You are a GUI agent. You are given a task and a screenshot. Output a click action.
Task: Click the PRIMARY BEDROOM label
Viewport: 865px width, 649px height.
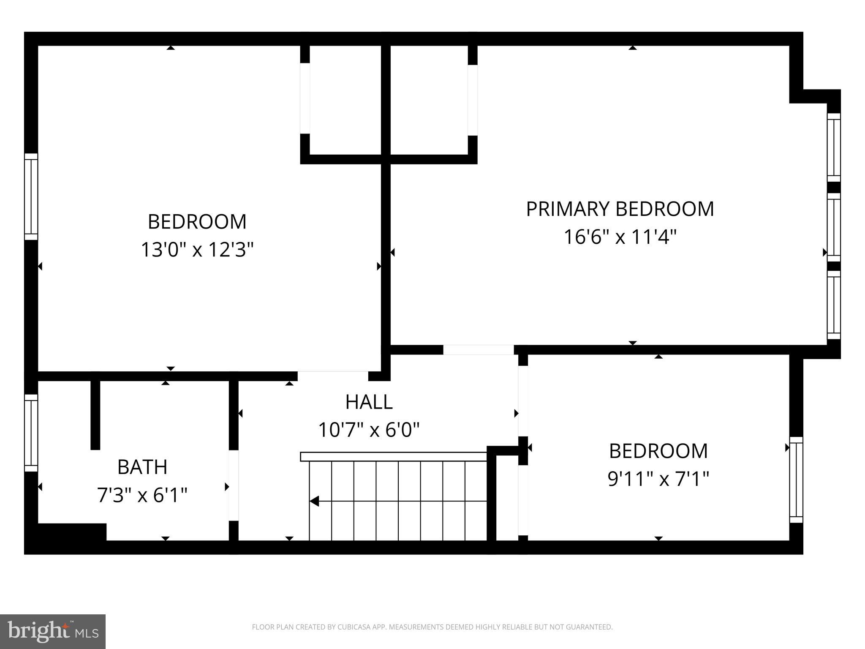click(620, 209)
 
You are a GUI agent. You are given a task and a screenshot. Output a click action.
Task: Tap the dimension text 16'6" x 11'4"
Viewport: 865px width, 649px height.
click(620, 237)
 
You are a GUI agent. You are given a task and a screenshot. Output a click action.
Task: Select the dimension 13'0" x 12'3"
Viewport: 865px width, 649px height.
click(197, 250)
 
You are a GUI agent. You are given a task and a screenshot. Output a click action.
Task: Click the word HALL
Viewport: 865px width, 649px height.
click(369, 402)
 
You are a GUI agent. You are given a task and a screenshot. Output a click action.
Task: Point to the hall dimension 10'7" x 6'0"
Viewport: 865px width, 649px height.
click(369, 430)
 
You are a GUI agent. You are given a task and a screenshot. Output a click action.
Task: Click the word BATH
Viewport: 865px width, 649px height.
click(142, 467)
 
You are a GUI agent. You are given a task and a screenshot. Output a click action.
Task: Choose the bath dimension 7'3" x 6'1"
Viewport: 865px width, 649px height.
click(142, 495)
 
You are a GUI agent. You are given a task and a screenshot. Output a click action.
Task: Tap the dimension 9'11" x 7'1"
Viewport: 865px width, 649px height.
click(658, 479)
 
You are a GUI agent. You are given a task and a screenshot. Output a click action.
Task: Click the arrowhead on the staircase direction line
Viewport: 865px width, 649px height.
click(314, 502)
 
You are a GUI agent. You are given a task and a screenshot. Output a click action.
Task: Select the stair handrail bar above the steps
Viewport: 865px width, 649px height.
click(393, 456)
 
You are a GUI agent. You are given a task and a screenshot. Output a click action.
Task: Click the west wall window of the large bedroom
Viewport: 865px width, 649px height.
click(31, 196)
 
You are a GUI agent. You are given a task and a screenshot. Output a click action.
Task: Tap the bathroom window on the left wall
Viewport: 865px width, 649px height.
click(31, 433)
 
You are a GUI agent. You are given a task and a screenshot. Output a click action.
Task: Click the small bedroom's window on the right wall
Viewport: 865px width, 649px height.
click(796, 480)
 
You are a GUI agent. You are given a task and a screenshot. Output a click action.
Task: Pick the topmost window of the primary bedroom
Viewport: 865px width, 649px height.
click(834, 147)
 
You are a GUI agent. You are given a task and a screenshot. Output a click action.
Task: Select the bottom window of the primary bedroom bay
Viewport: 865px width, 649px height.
click(834, 305)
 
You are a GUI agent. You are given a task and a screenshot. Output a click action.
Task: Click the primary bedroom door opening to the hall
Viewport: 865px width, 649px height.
click(478, 350)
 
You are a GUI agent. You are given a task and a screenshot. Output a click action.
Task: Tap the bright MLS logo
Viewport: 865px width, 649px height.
click(53, 632)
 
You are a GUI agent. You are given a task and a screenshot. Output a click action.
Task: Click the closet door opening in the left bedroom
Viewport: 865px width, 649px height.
click(305, 98)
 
